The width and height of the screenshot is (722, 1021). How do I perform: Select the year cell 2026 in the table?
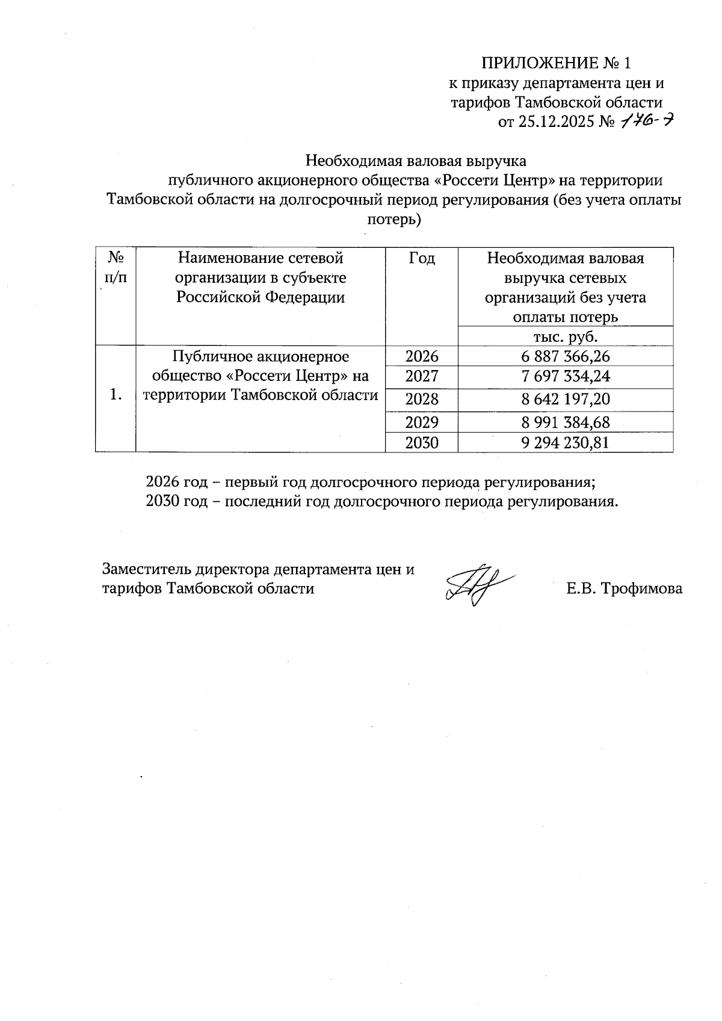point(422,357)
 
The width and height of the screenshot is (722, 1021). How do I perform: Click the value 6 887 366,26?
point(566,357)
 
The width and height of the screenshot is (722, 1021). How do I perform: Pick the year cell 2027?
point(422,377)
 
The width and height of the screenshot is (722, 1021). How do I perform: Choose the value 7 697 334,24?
point(566,377)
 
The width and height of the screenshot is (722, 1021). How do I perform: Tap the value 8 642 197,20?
point(566,399)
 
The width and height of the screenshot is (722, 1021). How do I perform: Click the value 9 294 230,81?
point(566,443)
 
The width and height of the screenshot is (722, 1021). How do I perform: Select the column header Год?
point(422,259)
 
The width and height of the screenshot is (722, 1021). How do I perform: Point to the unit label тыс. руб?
point(566,336)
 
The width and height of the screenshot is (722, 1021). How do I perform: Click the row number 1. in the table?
point(117,395)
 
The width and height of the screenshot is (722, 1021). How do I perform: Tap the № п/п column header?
point(116,267)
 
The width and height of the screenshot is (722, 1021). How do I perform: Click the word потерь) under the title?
point(394,220)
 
